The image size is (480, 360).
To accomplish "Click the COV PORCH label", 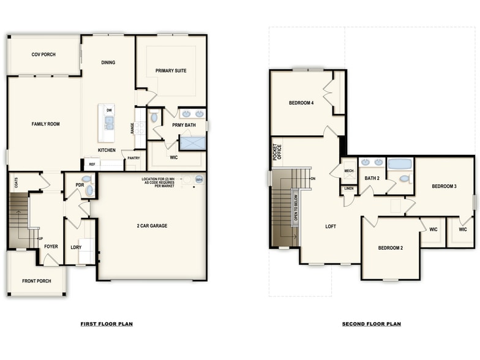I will click(43, 54).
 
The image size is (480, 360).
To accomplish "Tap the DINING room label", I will click(108, 62).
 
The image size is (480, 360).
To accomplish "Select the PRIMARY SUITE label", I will click(171, 70).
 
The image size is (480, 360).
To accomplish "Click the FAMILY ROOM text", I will click(45, 124).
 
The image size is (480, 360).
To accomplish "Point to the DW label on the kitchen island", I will click(109, 110).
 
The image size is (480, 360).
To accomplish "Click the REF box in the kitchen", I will click(92, 164).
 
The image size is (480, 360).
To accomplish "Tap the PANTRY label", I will click(133, 158).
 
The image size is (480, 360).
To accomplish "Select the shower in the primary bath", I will click(192, 143).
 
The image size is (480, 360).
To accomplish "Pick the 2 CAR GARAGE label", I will click(152, 226).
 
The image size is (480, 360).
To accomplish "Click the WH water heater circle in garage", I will click(199, 179).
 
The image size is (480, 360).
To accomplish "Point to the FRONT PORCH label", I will click(36, 281).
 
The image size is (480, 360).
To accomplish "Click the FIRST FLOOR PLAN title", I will click(107, 324).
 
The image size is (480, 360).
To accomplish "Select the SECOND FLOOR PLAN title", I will click(372, 324).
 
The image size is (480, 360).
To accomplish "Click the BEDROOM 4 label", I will click(301, 103).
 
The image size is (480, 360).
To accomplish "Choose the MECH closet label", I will click(348, 171).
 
